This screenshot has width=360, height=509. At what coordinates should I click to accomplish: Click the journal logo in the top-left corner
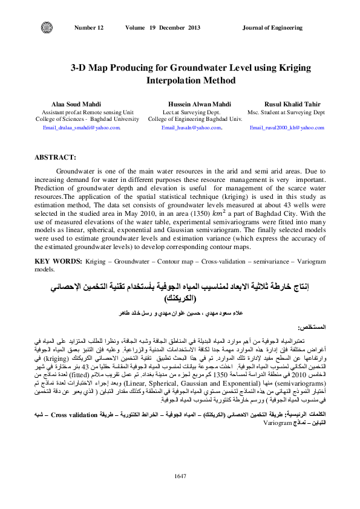45,28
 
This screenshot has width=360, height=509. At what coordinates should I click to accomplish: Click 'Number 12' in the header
88,28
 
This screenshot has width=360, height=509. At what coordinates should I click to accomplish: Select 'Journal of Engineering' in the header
272,28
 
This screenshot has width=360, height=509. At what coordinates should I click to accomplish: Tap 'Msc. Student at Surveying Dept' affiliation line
286,112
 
